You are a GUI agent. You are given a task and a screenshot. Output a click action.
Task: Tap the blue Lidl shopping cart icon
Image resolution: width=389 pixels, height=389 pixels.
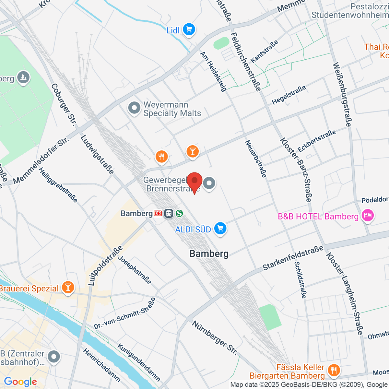189,30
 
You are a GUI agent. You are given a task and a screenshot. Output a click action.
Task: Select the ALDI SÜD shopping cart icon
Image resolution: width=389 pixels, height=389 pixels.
220,229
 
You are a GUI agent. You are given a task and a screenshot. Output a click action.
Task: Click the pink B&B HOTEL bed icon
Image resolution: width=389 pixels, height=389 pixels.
368,216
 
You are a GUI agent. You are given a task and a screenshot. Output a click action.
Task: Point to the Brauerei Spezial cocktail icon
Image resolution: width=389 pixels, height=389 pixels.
68,288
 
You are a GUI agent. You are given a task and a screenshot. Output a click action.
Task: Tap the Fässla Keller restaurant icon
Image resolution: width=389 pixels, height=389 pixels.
333,370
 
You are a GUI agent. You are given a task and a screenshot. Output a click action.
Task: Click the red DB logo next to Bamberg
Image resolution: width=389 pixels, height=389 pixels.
158,213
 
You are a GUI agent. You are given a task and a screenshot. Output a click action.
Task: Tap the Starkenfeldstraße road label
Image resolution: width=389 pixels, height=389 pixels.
293,258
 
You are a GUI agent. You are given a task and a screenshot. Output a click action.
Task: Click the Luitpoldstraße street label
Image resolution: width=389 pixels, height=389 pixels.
105,266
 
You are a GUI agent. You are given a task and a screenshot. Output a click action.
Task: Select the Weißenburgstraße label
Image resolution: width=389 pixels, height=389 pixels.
342,94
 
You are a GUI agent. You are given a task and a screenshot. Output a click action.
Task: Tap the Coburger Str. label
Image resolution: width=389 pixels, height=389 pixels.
64,104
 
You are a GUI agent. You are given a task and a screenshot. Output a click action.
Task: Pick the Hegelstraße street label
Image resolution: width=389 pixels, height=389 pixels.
289,95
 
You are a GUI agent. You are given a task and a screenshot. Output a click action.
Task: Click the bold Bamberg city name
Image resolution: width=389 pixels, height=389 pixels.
209,253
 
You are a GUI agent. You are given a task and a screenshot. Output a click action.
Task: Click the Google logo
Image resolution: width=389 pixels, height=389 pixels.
20,382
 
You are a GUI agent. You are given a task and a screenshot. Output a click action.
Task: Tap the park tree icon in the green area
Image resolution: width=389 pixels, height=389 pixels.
23,77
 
